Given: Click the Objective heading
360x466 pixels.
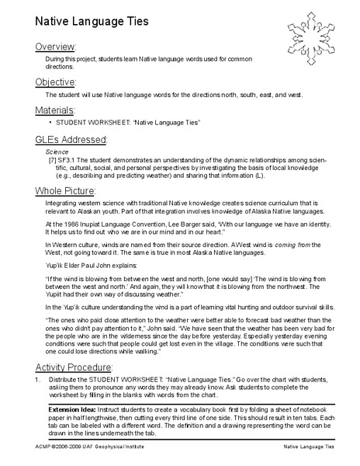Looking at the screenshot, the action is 56,81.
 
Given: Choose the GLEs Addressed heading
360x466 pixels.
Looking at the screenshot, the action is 71,138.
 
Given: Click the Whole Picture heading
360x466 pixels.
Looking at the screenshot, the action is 65,190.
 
